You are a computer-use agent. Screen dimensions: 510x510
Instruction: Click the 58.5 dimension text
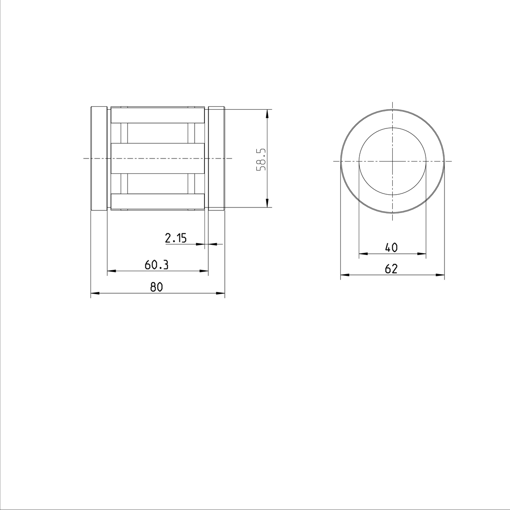click(x=261, y=159)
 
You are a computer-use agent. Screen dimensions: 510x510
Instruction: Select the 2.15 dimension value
click(x=176, y=238)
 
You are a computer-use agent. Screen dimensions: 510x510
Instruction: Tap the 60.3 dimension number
click(x=156, y=265)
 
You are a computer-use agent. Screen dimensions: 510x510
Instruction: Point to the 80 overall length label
click(x=156, y=287)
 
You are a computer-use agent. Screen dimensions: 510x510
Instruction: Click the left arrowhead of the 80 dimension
click(x=94, y=293)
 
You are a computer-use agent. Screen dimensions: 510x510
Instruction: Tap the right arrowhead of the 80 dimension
click(x=221, y=293)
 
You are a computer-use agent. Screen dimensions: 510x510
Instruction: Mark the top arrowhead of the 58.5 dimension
click(x=267, y=113)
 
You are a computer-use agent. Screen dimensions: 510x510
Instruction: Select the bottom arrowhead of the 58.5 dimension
click(x=267, y=204)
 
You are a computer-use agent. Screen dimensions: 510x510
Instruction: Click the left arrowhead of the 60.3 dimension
click(x=111, y=270)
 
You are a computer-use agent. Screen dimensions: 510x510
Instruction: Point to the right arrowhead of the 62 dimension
click(x=441, y=275)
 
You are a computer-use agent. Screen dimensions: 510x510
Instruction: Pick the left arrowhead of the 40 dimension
click(x=363, y=254)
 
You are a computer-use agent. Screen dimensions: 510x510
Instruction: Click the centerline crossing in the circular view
click(x=392, y=161)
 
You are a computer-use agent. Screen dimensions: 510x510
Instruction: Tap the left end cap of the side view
click(x=99, y=158)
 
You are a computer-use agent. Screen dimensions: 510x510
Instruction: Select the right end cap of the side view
click(x=216, y=158)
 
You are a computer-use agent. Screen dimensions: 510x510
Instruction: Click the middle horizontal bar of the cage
click(x=158, y=158)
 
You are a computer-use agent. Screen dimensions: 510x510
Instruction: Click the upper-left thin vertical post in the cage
click(x=124, y=133)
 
